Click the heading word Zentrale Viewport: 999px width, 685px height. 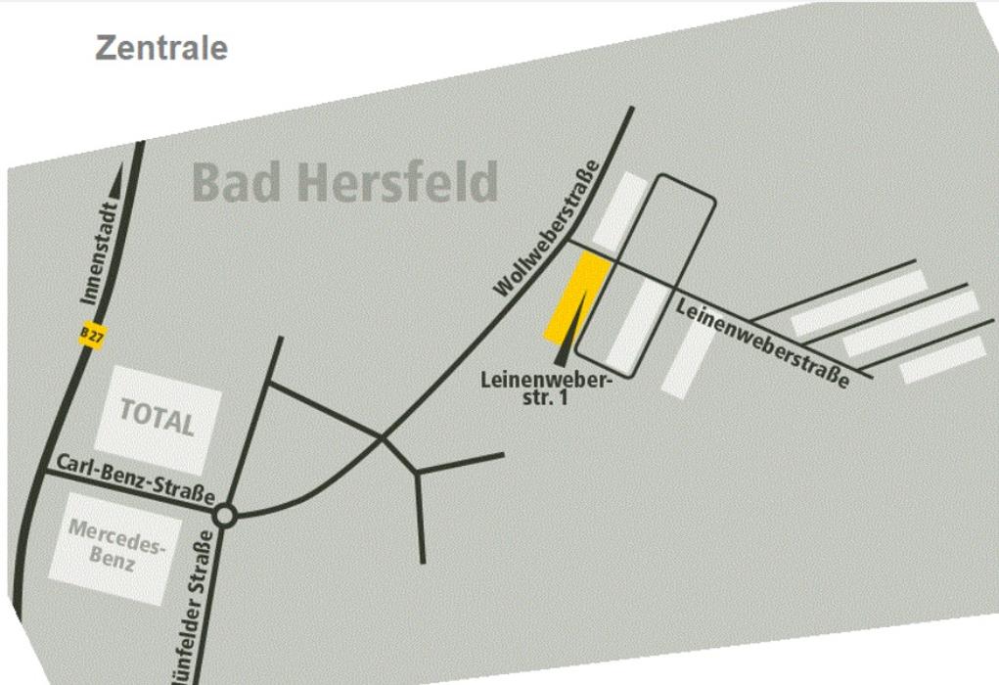click(x=161, y=48)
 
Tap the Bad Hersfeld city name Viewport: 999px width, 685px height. click(x=344, y=182)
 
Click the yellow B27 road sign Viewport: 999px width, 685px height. click(x=92, y=336)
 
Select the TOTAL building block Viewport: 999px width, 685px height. click(x=158, y=419)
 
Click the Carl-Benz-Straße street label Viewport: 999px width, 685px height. click(x=135, y=478)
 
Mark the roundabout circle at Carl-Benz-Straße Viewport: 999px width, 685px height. click(x=225, y=515)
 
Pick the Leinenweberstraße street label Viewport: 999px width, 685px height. click(x=762, y=342)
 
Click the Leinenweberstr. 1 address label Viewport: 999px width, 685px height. click(x=546, y=387)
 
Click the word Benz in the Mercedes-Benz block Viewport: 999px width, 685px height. click(x=113, y=562)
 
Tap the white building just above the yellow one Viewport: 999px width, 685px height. click(x=620, y=209)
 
